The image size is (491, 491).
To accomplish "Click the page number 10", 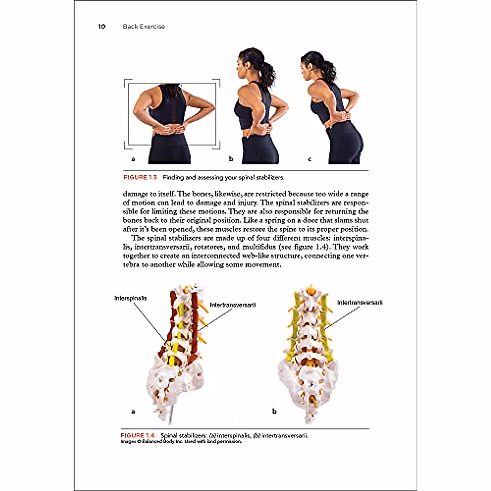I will pos(101,27).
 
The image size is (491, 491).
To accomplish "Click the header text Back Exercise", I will pos(144,27).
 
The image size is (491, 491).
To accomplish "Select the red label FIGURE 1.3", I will pos(140,178).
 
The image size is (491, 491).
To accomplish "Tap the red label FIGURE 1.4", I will pos(137,435).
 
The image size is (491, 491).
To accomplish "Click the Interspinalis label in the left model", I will pos(130,298).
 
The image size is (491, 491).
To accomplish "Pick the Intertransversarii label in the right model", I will pos(360,303).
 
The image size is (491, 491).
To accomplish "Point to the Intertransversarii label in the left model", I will pos(233,305).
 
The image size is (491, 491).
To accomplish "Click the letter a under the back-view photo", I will pos(133,159).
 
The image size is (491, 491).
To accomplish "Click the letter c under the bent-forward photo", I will pos(309,159).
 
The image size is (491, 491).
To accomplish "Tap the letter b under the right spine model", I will pos(274,411).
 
